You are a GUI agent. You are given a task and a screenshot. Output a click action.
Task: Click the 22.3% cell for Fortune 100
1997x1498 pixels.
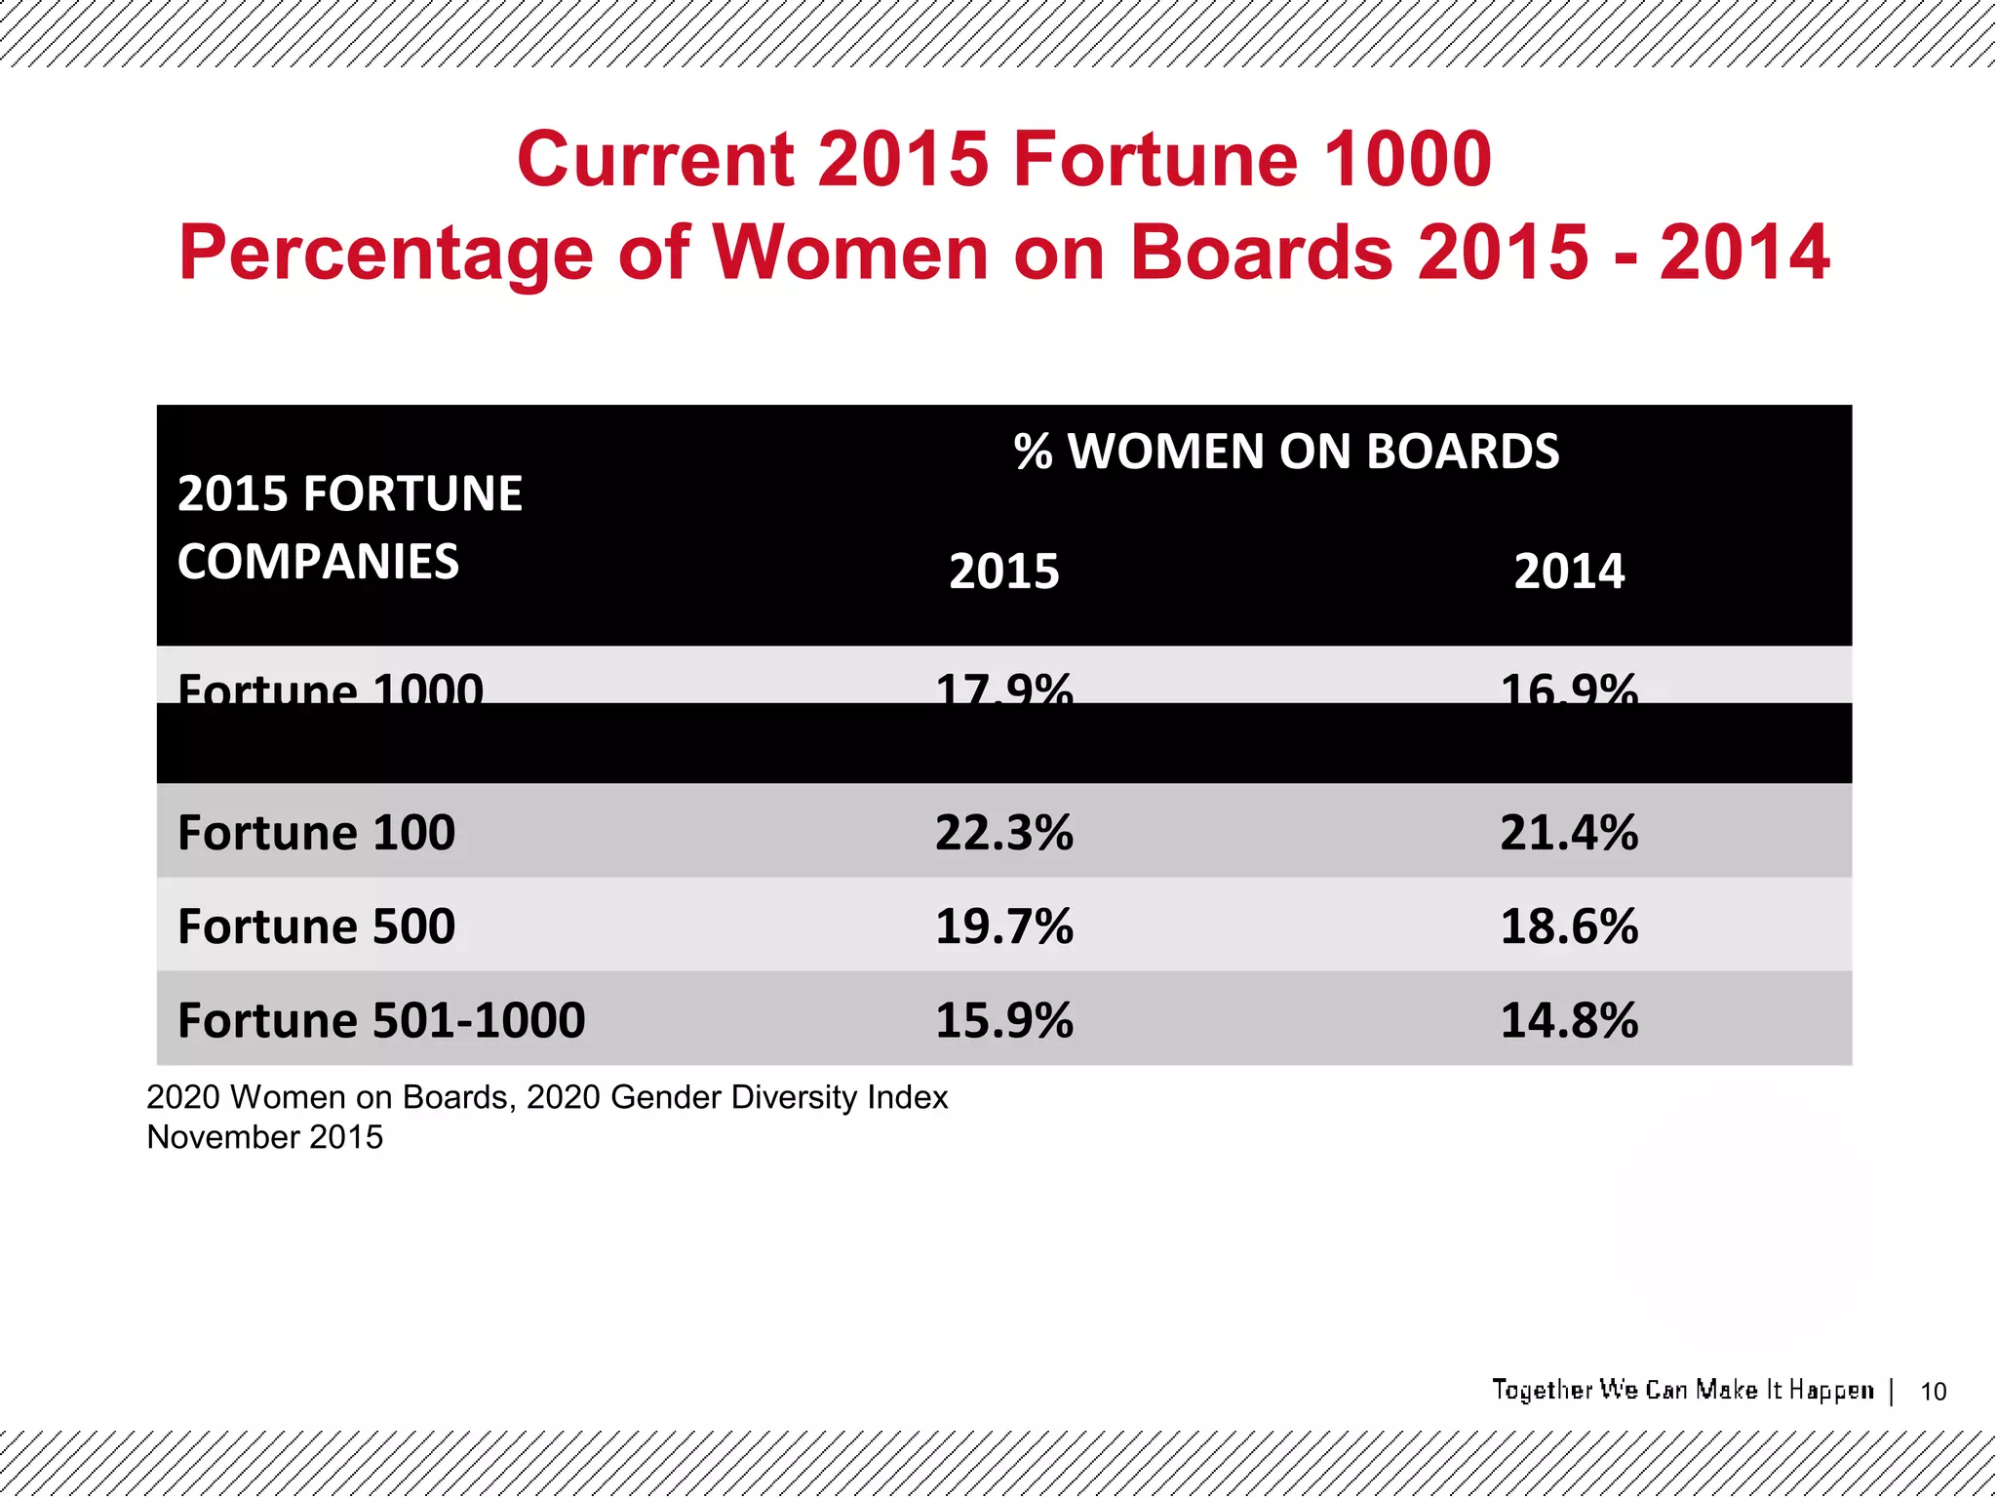pos(1003,833)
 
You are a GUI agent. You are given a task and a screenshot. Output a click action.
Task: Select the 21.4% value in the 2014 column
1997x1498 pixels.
pos(1568,833)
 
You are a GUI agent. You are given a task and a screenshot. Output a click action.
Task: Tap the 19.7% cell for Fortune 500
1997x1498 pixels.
pos(1003,926)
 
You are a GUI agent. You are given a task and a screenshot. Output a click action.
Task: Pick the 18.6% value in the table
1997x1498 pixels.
pos(1568,926)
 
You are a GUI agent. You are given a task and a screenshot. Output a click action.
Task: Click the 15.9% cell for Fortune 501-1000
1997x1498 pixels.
pos(1003,1020)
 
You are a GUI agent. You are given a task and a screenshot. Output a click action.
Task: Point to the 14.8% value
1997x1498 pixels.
pos(1568,1020)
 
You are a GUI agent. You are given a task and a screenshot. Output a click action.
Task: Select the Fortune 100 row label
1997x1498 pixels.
pos(316,833)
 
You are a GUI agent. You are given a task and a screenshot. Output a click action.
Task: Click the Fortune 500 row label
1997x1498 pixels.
pos(316,926)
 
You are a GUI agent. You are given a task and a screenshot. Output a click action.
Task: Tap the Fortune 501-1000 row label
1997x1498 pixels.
pos(381,1020)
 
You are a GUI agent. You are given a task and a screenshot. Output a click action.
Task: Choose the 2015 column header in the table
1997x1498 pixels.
pos(1003,571)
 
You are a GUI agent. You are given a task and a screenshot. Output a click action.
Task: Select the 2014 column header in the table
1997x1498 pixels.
pos(1568,571)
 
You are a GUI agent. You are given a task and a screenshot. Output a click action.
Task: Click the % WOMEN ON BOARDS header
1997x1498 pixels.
pos(1285,452)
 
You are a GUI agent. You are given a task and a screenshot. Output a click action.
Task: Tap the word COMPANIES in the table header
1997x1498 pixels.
pos(318,562)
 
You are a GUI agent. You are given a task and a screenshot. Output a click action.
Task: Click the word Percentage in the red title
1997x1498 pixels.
pos(386,252)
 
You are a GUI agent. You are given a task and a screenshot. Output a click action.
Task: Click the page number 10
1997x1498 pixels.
pos(1933,1392)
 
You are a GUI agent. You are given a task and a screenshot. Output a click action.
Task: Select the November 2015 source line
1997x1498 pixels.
pos(264,1137)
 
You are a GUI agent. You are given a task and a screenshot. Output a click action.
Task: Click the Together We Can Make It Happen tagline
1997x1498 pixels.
pos(1682,1390)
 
